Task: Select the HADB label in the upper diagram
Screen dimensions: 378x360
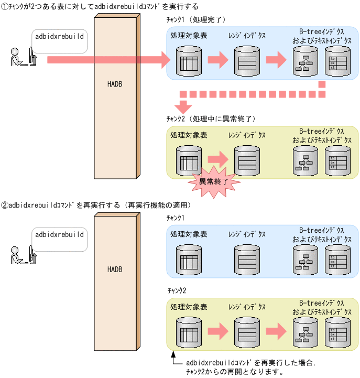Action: pyautogui.click(x=115, y=84)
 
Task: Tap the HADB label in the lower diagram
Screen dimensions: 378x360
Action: pyautogui.click(x=115, y=269)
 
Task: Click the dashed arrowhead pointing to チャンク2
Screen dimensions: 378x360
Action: pyautogui.click(x=183, y=107)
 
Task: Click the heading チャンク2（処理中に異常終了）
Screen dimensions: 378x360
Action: pyautogui.click(x=210, y=119)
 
